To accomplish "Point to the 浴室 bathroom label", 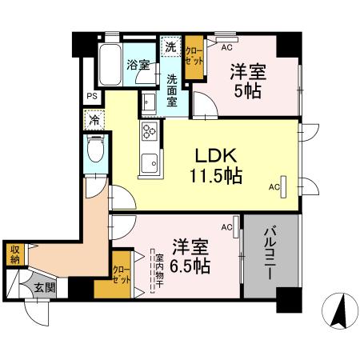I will click(138, 66).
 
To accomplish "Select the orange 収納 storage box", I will click(14, 254).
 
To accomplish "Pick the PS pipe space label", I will click(92, 98).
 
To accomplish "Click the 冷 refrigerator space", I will click(94, 121).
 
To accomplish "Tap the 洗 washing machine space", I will click(170, 46).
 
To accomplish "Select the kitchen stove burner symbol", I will click(149, 133).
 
